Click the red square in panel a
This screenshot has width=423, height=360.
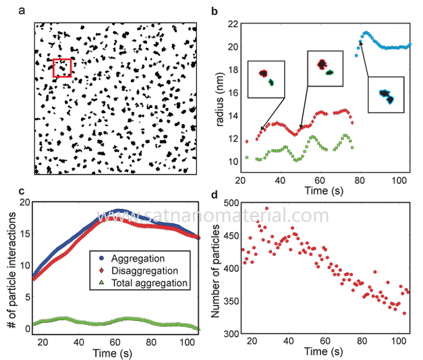pos(62,67)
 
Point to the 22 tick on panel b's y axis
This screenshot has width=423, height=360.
pos(233,24)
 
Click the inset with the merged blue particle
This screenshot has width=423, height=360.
pos(385,94)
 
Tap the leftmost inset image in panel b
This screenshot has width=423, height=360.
pos(266,79)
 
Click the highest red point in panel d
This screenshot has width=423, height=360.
pos(266,209)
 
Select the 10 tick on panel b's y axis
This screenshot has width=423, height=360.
pos(233,162)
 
